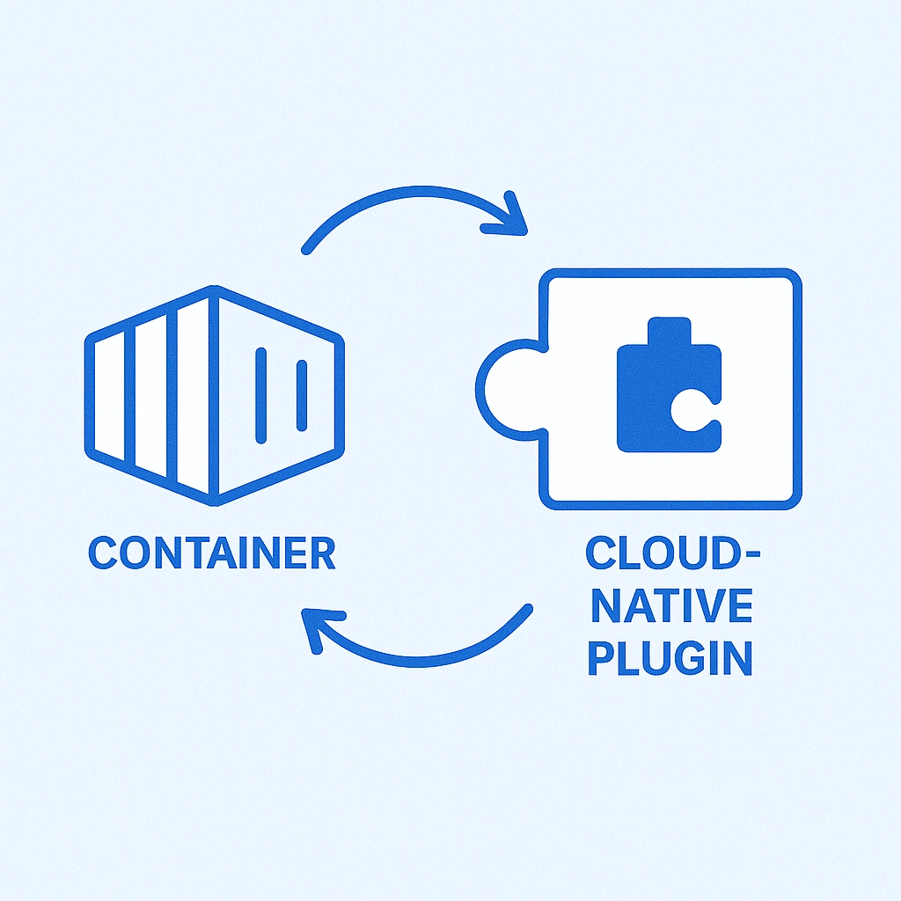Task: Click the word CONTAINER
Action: click(x=212, y=553)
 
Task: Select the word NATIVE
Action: click(x=671, y=606)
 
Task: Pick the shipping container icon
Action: click(x=214, y=395)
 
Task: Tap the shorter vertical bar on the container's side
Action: click(x=301, y=395)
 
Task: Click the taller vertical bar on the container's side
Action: click(x=260, y=395)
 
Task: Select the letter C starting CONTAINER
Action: click(x=103, y=553)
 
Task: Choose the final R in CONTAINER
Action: click(x=322, y=553)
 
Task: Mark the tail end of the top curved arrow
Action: click(x=306, y=250)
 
